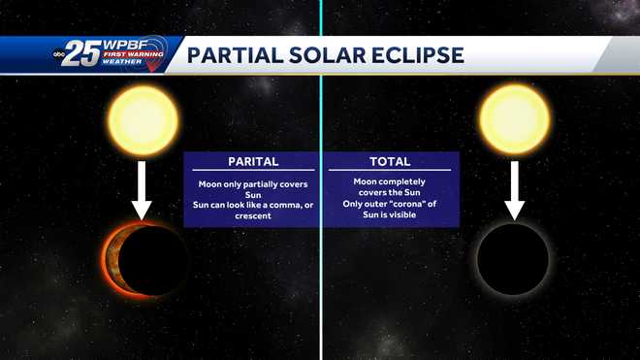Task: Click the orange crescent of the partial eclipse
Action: (x=112, y=259)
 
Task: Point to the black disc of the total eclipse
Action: (x=514, y=259)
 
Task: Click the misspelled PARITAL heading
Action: (x=253, y=162)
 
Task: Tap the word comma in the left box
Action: (x=268, y=204)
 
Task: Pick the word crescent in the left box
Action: (x=253, y=215)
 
